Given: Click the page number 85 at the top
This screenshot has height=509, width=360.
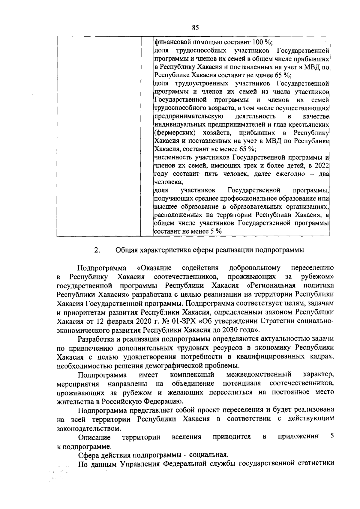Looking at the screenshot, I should (x=195, y=28).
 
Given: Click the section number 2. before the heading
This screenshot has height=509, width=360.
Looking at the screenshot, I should (x=97, y=250).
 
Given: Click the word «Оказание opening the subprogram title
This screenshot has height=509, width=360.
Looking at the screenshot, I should (x=154, y=268).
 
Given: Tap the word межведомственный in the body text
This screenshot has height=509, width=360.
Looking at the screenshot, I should (x=259, y=374).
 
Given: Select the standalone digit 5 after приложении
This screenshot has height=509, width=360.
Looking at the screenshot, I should (x=332, y=436).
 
